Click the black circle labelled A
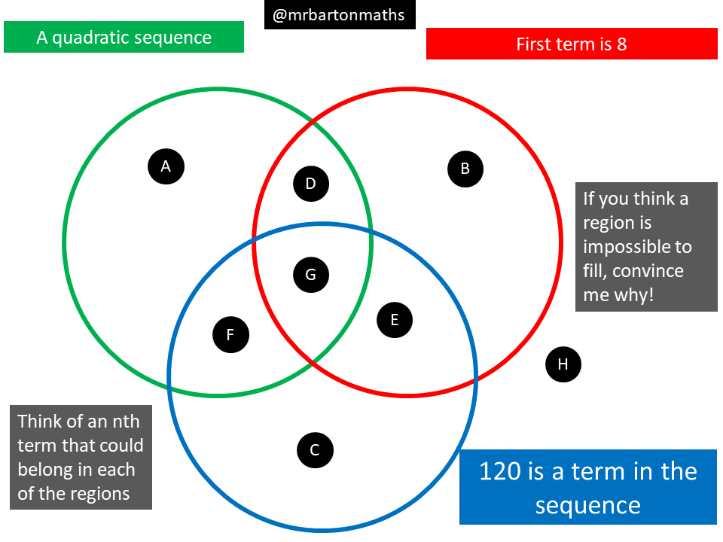pos(166,166)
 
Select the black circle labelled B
pos(465,169)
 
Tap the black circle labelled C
pos(315,451)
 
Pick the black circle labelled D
pos(310,184)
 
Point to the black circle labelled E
pos(394,320)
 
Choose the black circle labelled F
pos(230,334)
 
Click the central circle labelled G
pos(310,275)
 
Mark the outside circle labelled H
pos(563,365)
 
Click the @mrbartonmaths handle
pos(339,15)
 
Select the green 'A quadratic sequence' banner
pos(124,37)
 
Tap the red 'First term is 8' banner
pos(571,44)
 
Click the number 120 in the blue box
pos(500,471)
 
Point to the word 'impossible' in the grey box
pos(637,247)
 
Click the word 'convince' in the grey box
pos(651,271)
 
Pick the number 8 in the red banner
pos(621,44)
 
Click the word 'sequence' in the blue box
pos(587,505)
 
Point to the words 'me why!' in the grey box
pos(618,295)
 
